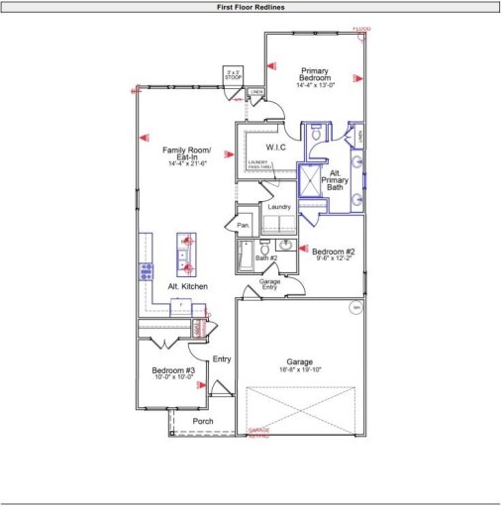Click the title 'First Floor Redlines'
coord(251,6)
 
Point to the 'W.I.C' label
coord(275,147)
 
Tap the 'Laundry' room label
coord(278,207)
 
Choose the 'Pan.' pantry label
coord(244,226)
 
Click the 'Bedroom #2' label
coord(333,252)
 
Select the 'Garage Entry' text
coord(269,285)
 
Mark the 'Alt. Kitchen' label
coord(187,286)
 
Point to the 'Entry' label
coord(221,358)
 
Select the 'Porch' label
coord(203,421)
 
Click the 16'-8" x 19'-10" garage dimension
coord(300,371)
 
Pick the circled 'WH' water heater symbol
coord(355,309)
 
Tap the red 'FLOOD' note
coord(361,29)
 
